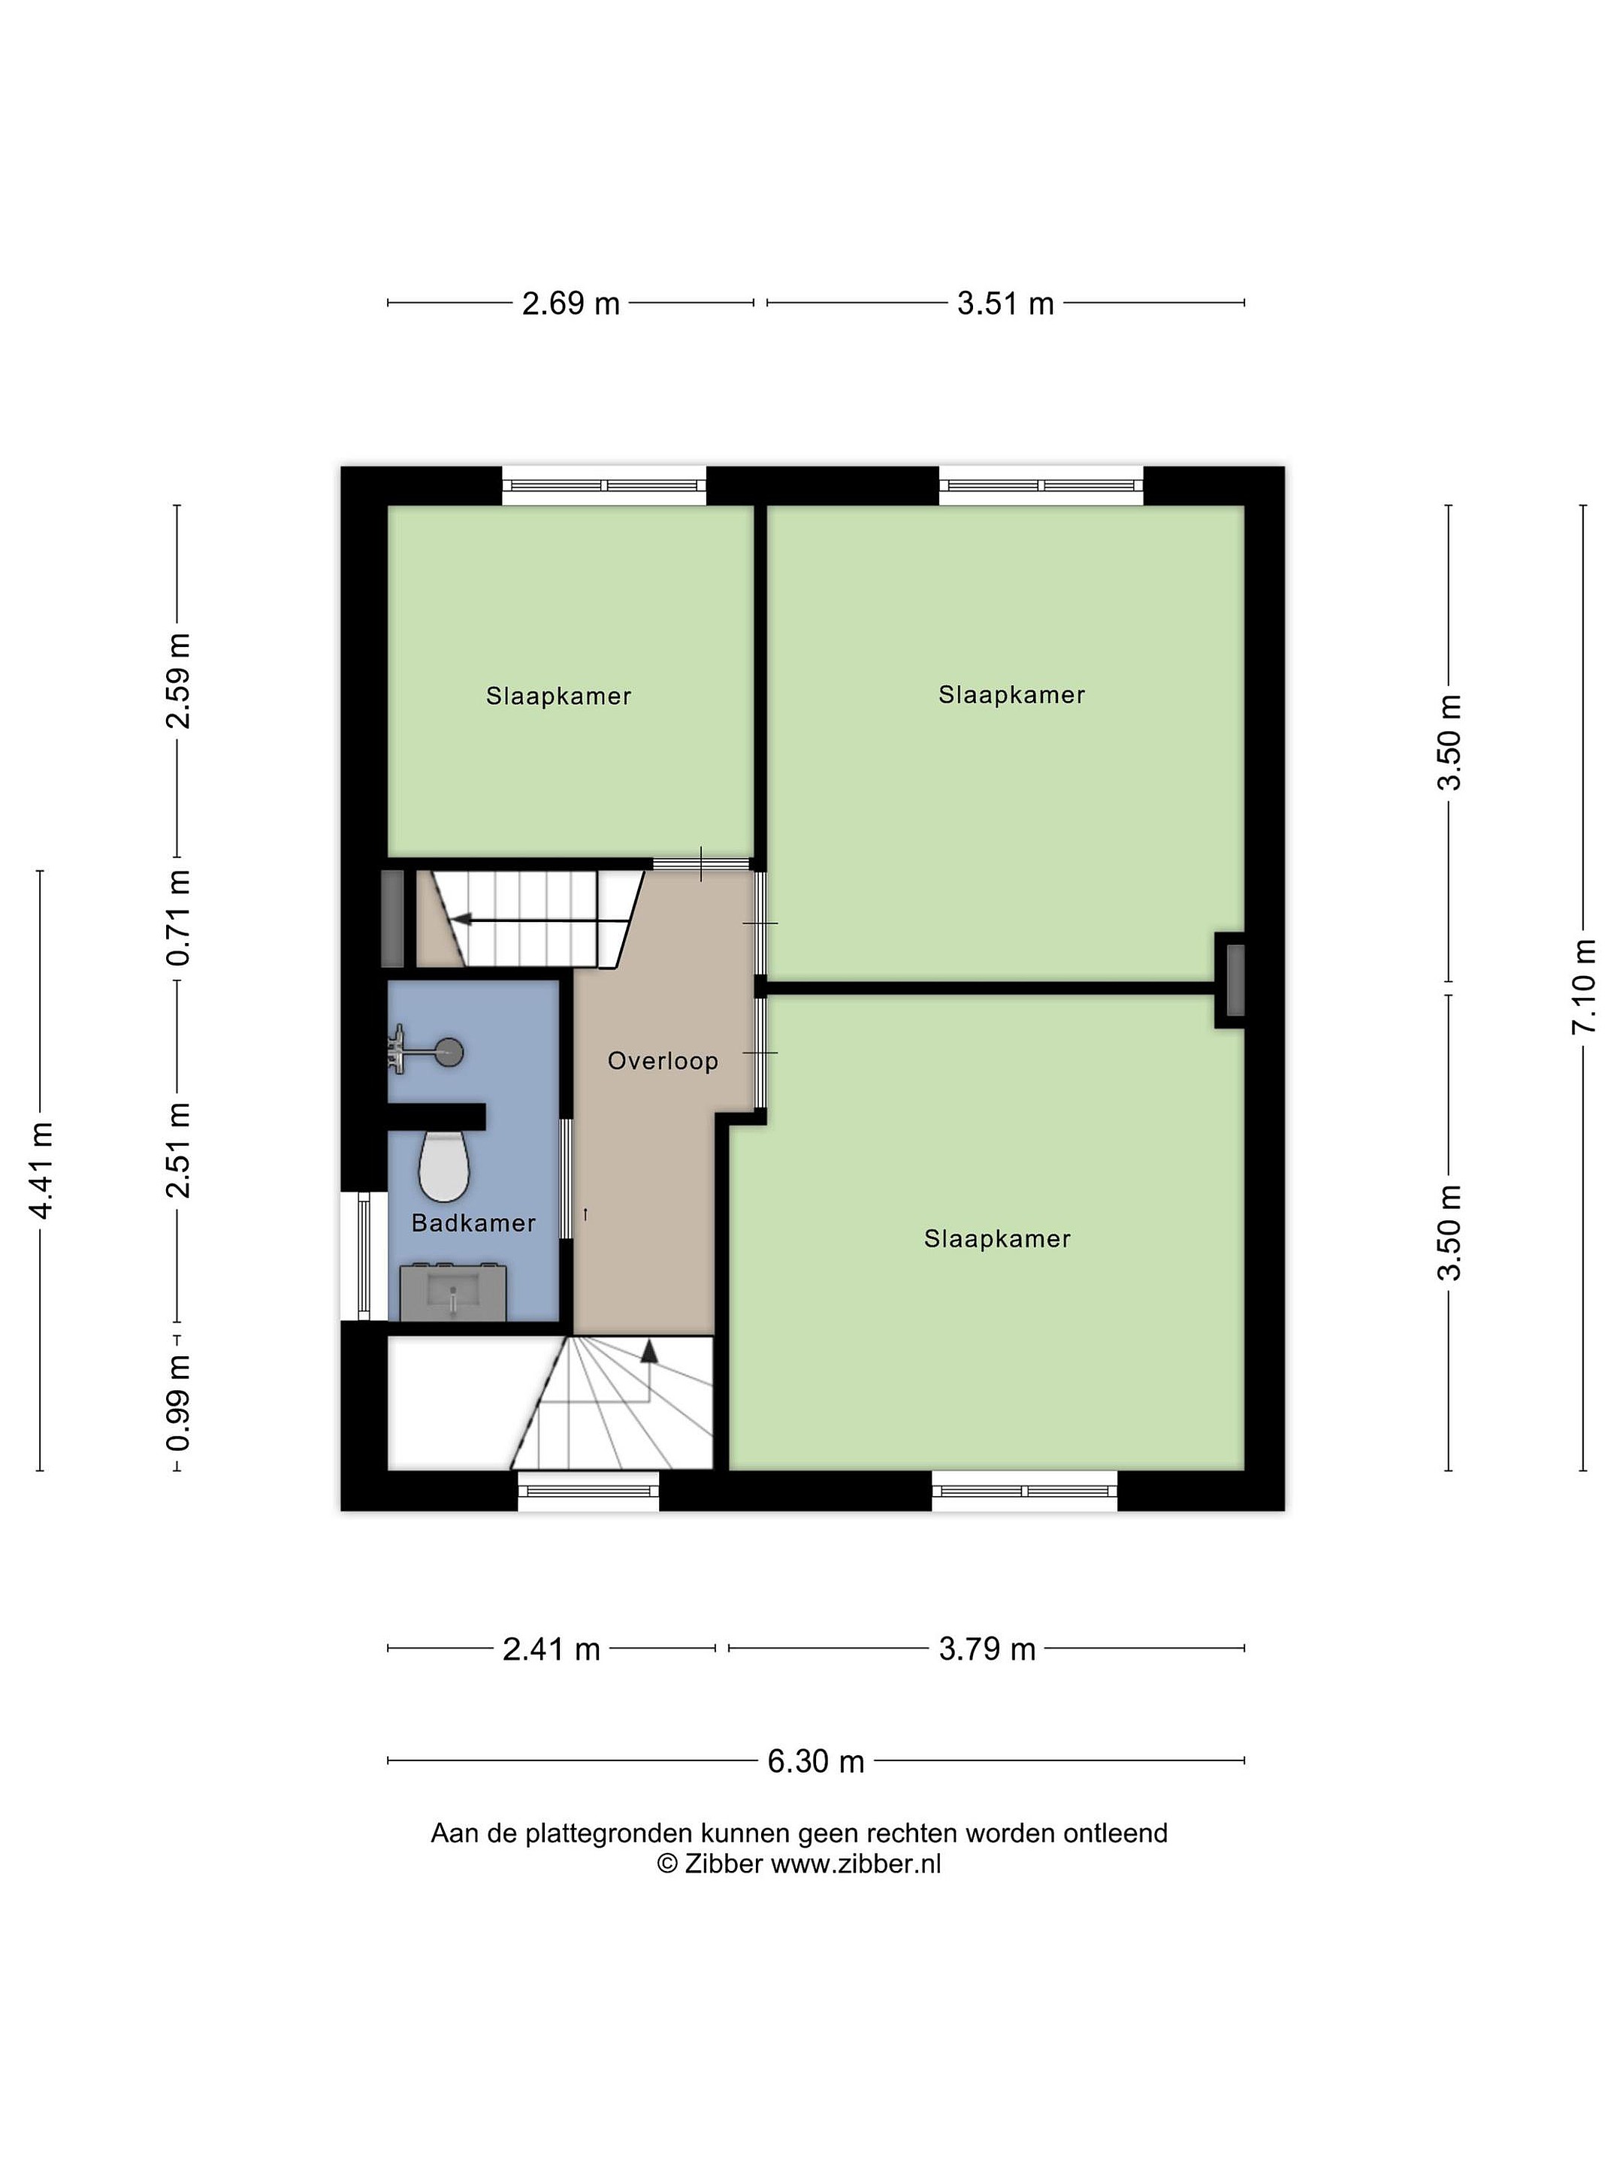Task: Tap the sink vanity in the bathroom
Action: pos(453,1292)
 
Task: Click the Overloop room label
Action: pos(662,1060)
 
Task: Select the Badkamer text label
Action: pos(473,1223)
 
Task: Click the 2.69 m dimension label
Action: pos(570,304)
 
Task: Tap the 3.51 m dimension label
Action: pos(1005,304)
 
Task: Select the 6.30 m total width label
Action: pos(815,1761)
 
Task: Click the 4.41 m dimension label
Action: pos(41,1170)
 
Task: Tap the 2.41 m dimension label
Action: pos(551,1649)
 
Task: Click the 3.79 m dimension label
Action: pos(987,1649)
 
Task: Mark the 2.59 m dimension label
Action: pos(178,681)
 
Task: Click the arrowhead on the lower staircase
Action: pos(648,1351)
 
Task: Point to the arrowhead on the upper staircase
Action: pos(459,920)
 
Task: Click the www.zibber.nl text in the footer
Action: pos(856,1863)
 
